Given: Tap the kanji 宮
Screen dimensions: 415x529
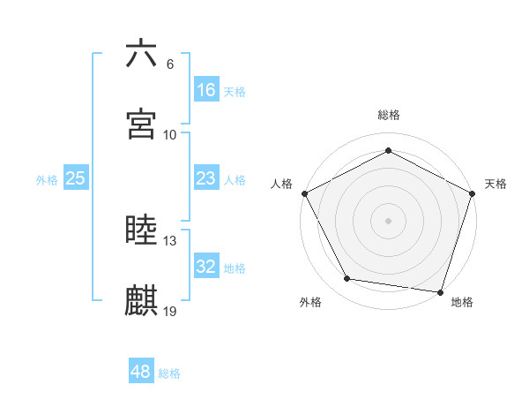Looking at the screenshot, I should point(142,124).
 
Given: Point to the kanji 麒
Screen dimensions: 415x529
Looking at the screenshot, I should point(142,300).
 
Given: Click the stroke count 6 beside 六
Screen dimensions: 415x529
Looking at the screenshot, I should point(170,64).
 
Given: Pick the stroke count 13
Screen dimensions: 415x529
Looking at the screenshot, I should point(170,240).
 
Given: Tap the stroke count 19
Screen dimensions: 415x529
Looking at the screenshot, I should point(170,311).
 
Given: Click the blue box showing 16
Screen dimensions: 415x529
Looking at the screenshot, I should point(205,90).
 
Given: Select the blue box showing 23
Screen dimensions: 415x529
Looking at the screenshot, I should point(205,178).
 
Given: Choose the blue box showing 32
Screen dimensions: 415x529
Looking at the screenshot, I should point(205,267).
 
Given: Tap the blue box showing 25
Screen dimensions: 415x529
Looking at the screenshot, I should point(75,178).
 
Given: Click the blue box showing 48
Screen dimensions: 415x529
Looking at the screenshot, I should point(140,372).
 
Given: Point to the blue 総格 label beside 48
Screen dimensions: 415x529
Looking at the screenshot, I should point(169,373).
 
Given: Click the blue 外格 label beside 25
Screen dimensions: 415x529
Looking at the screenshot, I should point(47,180).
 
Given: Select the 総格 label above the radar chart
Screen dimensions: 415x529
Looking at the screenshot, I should point(388,115).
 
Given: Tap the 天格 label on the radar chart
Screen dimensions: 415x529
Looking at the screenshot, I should point(495,184).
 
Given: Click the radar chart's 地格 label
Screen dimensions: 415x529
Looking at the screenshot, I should point(462,302).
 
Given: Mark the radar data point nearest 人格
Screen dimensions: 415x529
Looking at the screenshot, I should point(304,192).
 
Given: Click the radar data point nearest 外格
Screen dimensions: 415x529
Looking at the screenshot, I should point(347,279).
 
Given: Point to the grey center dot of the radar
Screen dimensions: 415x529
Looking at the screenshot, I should point(388,220).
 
